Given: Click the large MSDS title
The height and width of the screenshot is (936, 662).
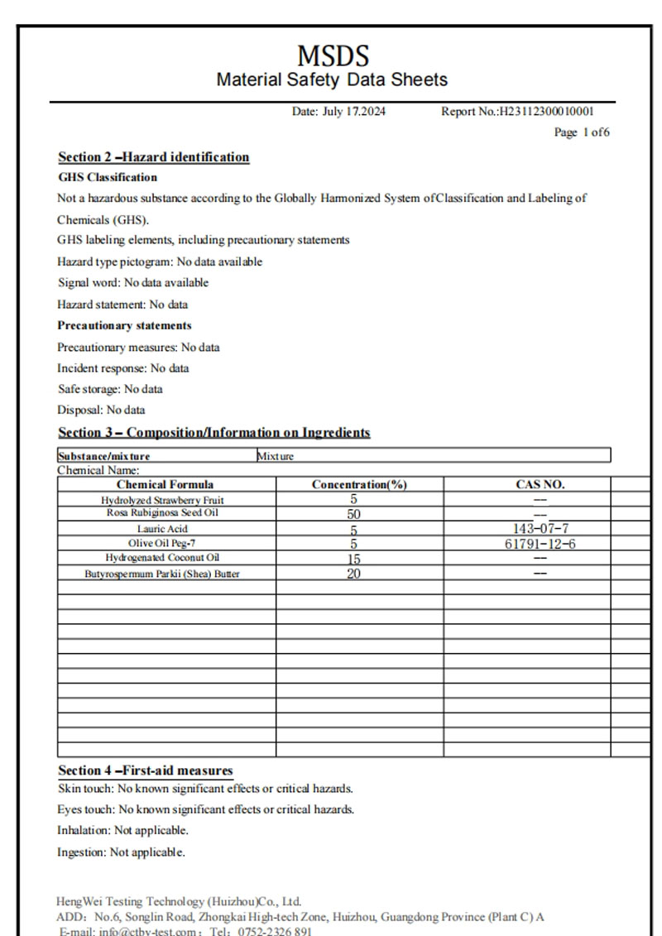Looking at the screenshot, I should (333, 56).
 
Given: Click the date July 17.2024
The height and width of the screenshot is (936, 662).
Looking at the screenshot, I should (338, 112).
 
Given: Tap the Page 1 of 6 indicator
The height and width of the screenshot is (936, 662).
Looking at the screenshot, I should (582, 132).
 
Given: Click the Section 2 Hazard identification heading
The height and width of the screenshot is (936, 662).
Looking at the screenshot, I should (153, 157).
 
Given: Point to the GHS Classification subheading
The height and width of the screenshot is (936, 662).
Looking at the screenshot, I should (107, 177).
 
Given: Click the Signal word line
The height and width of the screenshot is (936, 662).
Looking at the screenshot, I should (132, 282).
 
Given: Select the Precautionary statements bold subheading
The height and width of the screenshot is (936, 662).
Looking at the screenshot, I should (124, 325).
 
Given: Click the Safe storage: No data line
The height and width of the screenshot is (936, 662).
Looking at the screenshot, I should (109, 389).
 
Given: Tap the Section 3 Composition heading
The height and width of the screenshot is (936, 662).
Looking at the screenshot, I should (213, 433).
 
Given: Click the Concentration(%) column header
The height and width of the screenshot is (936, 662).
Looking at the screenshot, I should (359, 485).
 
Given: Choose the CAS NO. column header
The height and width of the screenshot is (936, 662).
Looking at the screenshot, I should (540, 485).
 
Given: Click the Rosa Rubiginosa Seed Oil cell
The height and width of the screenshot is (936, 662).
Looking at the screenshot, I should (162, 513).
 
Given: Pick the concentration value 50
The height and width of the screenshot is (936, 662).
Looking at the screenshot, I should (353, 514).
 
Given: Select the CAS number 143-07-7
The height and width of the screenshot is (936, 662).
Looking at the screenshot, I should (540, 529).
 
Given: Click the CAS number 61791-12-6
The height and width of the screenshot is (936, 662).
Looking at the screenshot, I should (540, 544).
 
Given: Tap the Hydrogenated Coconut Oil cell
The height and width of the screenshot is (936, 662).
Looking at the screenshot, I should (162, 558).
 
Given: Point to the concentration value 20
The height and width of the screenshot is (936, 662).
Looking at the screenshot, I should (353, 574).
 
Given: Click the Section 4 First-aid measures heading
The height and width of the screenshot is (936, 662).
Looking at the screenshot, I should (145, 770).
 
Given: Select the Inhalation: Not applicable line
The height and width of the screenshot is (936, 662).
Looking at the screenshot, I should (122, 830).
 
